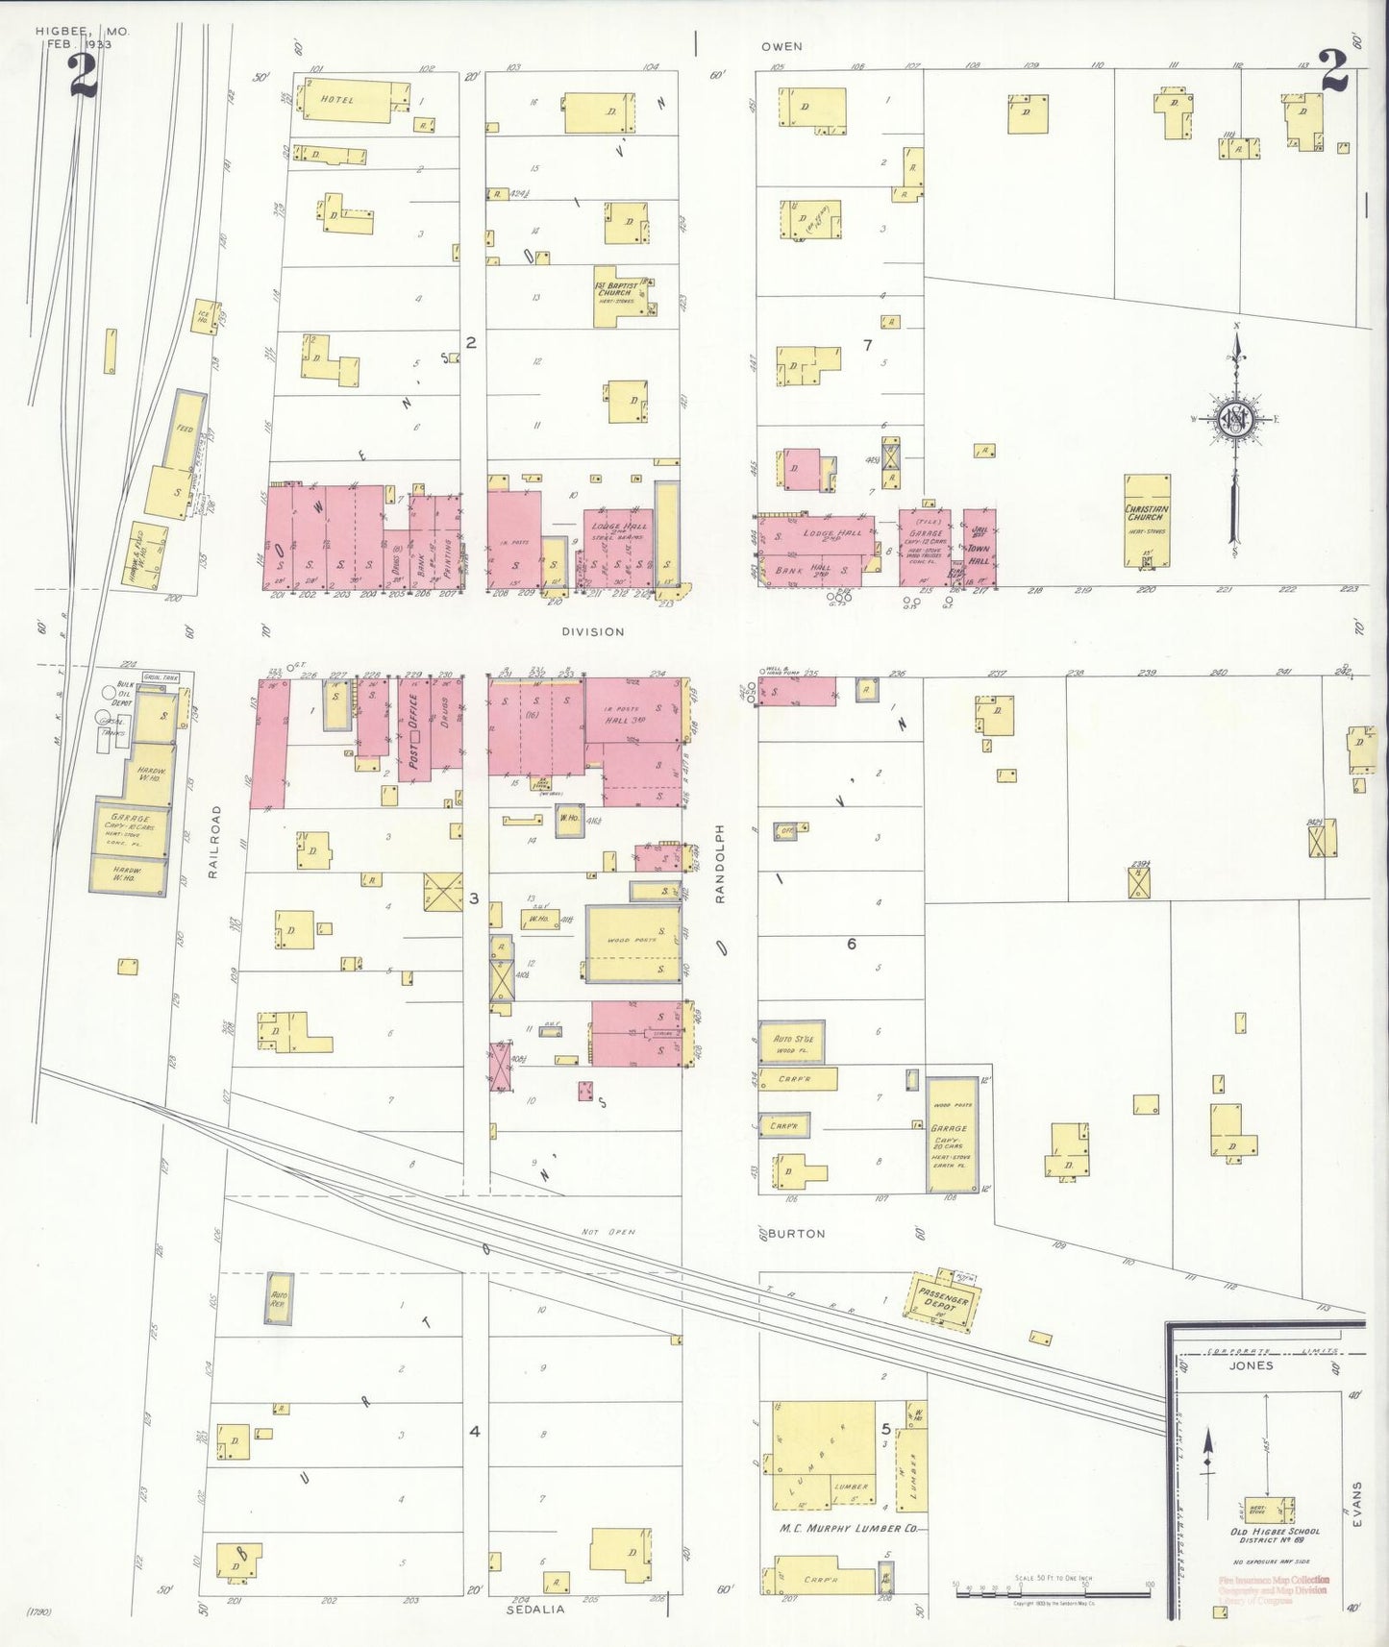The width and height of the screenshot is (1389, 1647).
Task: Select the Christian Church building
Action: [x=1147, y=520]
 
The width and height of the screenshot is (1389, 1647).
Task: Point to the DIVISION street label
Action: [x=593, y=631]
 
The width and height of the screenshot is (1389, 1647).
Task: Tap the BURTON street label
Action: [x=796, y=1233]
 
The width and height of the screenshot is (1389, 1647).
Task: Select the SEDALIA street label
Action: [x=535, y=1609]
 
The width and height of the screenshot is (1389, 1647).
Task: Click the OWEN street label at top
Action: [x=781, y=46]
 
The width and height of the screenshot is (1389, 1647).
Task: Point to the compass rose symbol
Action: [x=1235, y=420]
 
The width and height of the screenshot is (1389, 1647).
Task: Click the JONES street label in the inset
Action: [x=1251, y=1364]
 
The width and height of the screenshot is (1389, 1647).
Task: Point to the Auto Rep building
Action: [x=279, y=1297]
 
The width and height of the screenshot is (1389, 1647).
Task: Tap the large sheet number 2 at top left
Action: [x=84, y=75]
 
